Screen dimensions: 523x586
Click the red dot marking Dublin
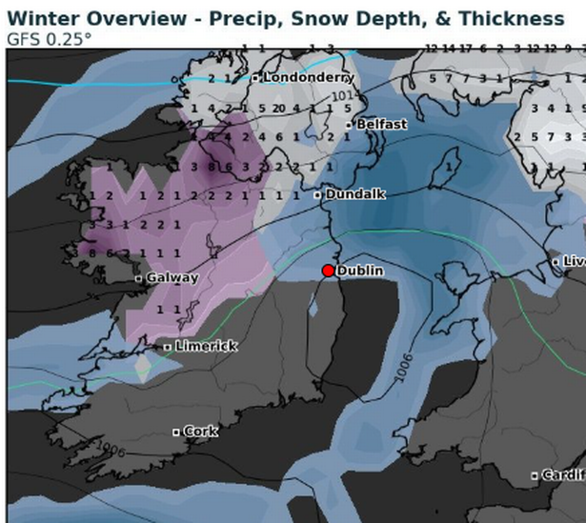click(329, 271)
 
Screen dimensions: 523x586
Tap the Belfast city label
click(381, 124)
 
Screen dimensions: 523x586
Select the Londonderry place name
click(309, 76)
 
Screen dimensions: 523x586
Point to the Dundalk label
click(355, 194)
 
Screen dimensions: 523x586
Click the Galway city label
click(172, 278)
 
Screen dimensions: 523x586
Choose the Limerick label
click(207, 346)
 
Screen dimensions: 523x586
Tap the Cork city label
click(200, 432)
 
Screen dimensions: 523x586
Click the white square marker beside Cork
click(176, 432)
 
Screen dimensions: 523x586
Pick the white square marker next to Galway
click(139, 279)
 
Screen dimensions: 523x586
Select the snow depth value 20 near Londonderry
click(278, 109)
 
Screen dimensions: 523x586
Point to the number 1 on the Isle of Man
click(447, 168)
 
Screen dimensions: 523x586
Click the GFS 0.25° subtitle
click(50, 39)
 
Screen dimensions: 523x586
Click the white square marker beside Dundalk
click(318, 195)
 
